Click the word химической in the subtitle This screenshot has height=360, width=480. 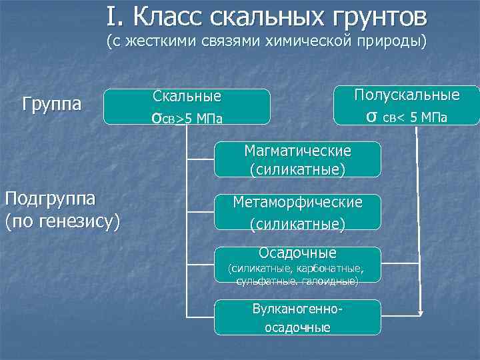coord(302,42)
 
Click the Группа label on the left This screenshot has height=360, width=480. coord(51,105)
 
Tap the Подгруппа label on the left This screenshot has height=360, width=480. coord(49,199)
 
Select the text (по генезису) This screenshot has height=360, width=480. coord(62,220)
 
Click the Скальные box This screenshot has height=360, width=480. coord(187,107)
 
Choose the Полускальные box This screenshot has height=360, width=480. coord(407,105)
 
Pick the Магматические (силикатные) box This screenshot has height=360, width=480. coord(297,159)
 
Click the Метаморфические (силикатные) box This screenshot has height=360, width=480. coord(297,213)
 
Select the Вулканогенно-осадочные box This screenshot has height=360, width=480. coord(297,318)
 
